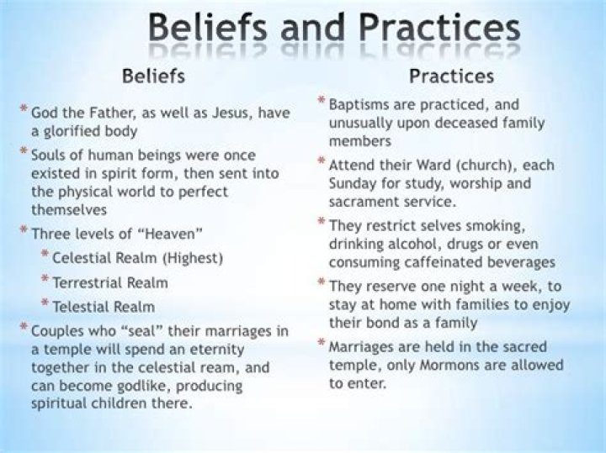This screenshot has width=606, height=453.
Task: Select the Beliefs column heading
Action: pyautogui.click(x=154, y=77)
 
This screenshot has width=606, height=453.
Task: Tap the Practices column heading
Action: pyautogui.click(x=451, y=76)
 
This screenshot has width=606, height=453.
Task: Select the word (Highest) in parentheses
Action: pyautogui.click(x=191, y=258)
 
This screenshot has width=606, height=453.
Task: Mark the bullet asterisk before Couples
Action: pyautogui.click(x=24, y=328)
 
